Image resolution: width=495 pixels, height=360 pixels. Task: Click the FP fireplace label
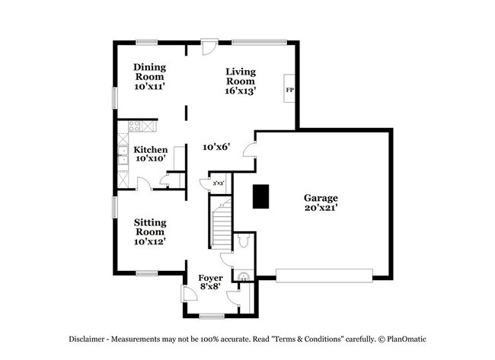coord(289,91)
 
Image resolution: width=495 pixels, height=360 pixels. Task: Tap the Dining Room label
coord(150,77)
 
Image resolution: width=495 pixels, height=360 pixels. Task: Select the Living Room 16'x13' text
coord(240,81)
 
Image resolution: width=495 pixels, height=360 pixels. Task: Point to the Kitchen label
coord(150,155)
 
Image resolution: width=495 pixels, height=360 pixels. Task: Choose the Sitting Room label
coord(150,231)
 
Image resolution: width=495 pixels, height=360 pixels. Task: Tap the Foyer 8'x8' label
coord(210,282)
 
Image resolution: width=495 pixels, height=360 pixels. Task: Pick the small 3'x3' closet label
coord(218,183)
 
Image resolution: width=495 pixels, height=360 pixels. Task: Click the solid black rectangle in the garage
coord(262,196)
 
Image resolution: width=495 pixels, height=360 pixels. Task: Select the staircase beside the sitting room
coord(220,224)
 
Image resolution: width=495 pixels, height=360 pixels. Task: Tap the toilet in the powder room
coord(242,241)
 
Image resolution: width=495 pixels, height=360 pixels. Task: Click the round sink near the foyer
coord(244,276)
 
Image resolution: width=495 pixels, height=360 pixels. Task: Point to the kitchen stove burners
coord(142,126)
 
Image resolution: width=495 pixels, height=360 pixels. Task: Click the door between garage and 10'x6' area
coord(249,149)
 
